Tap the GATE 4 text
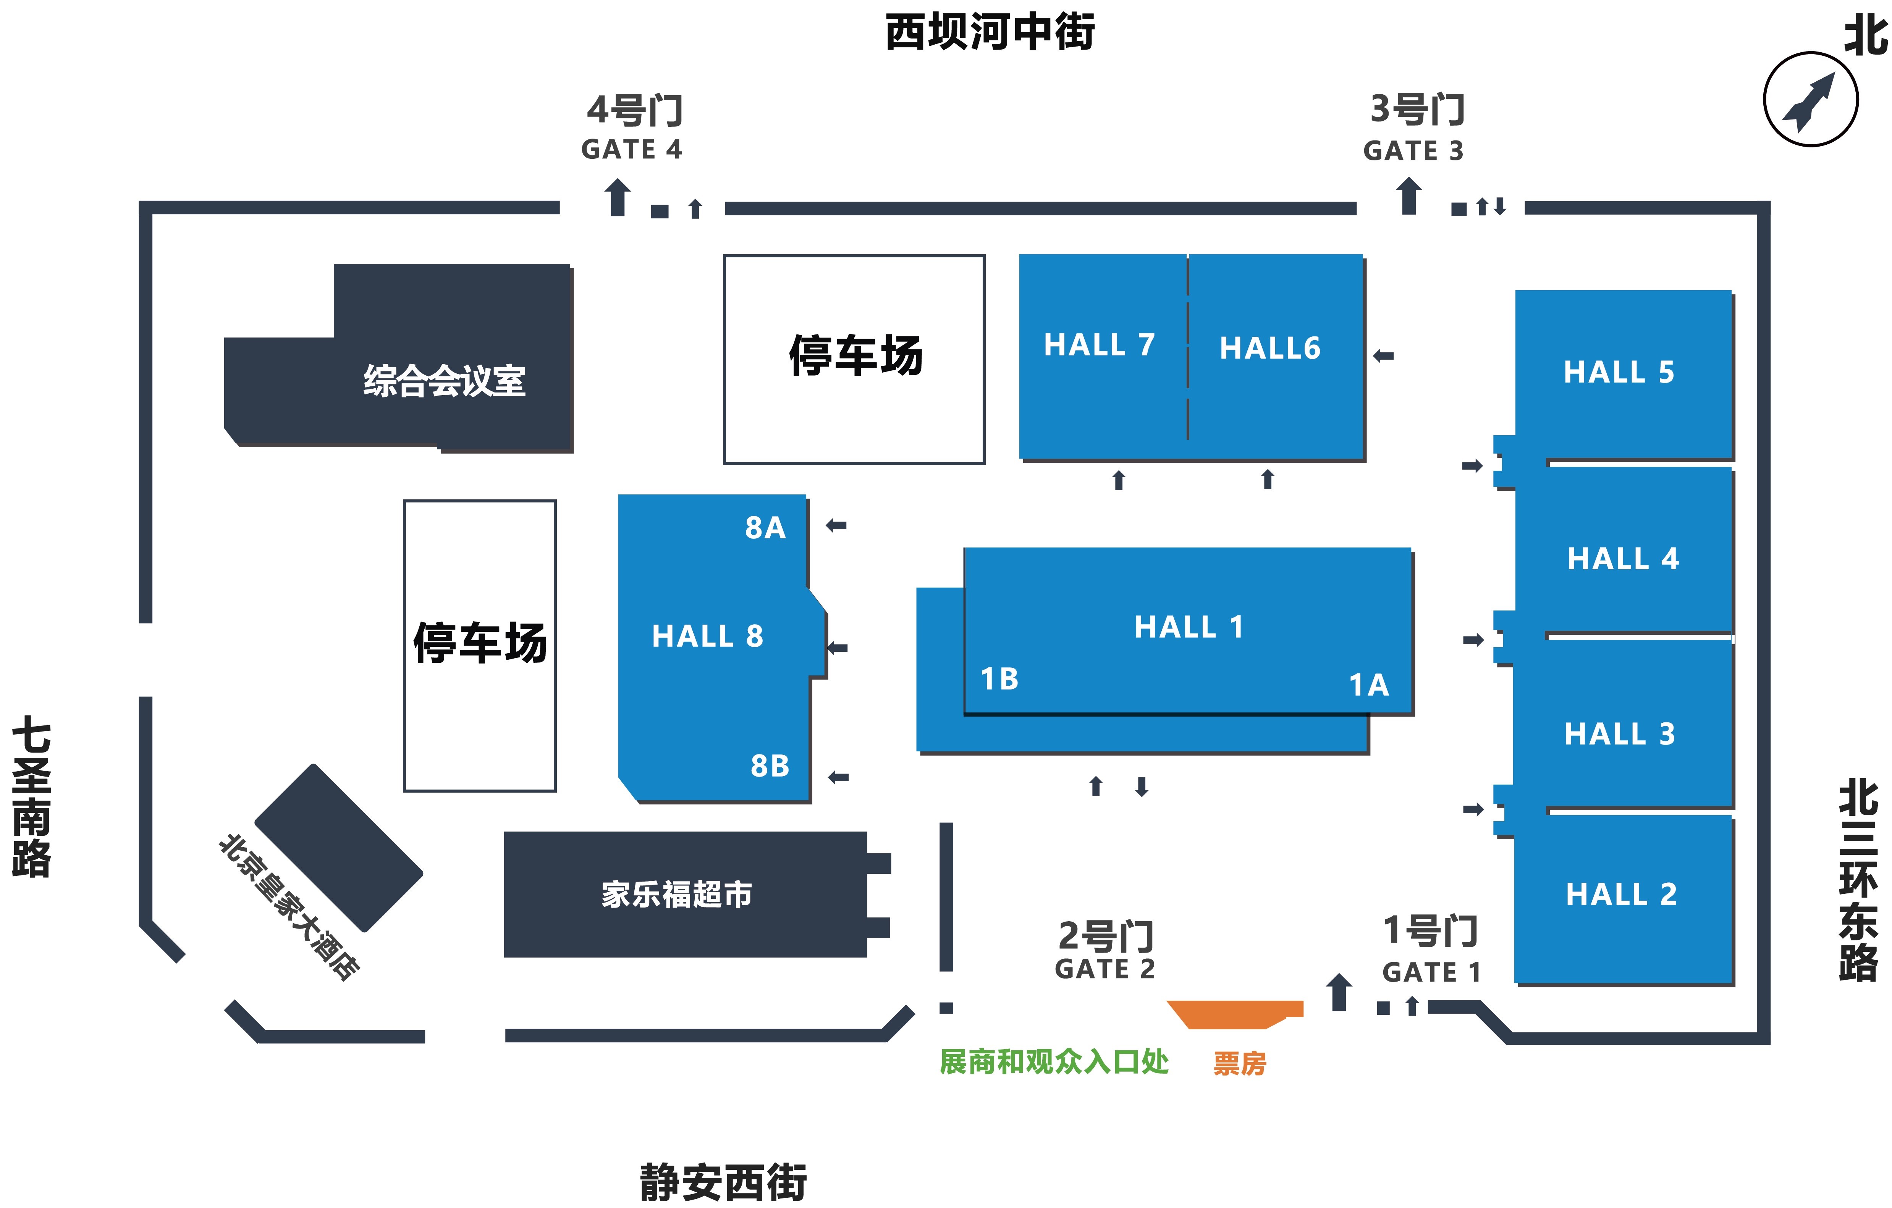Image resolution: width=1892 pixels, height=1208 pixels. tap(632, 149)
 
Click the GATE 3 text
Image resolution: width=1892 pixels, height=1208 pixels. tap(1413, 151)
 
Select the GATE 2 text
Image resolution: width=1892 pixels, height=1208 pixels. tap(1105, 969)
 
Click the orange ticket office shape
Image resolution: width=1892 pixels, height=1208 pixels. tap(1234, 1013)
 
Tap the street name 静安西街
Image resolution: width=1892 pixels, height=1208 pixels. tap(723, 1182)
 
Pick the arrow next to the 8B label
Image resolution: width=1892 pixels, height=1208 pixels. tap(838, 778)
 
